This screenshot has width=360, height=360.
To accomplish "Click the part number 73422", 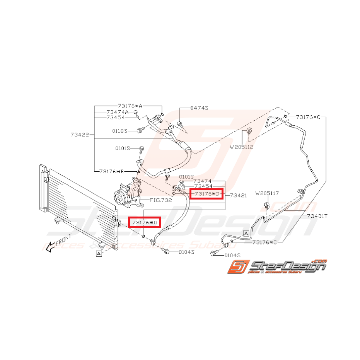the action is point(80,135).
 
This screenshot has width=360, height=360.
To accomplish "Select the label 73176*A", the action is point(130,106).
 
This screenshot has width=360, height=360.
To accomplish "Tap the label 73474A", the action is point(117,112).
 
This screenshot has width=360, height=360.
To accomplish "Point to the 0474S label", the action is point(199,107).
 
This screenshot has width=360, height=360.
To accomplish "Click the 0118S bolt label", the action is point(119,131).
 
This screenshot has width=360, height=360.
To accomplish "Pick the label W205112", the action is point(241,147).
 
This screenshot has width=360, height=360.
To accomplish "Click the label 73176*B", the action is point(111,171).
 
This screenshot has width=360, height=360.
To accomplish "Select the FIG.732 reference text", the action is point(160,200).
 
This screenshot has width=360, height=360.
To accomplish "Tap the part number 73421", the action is point(238,195).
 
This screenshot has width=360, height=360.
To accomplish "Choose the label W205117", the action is point(267,193).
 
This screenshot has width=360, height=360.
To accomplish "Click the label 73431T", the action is point(317,216).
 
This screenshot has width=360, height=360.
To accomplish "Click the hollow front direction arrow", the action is point(50,248).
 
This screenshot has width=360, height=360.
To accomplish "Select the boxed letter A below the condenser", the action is point(99,254).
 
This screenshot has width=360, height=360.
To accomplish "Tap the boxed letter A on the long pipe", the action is point(246,234).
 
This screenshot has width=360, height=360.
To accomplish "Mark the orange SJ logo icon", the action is point(238,266).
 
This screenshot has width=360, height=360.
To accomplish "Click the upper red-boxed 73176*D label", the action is point(206,194).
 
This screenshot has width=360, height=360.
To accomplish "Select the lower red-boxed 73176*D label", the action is point(144,222).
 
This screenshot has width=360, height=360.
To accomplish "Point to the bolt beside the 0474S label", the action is point(180,125).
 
